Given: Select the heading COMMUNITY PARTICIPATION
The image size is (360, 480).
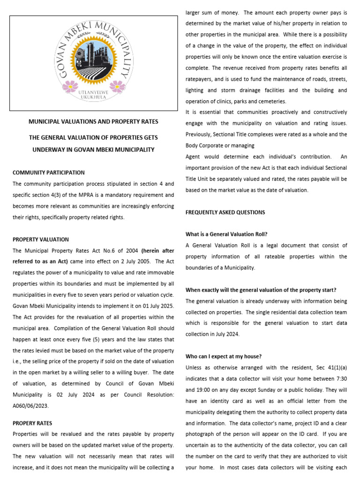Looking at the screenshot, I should [x=49, y=173].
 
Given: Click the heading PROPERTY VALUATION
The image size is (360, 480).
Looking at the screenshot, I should [x=40, y=240].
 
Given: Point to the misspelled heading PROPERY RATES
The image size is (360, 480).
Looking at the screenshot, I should [x=32, y=423].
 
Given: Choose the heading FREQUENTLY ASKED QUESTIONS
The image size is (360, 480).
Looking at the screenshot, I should [x=225, y=212].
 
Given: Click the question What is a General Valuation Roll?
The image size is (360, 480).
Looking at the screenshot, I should [x=226, y=234].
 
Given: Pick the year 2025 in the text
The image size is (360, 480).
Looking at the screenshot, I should [x=164, y=306].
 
